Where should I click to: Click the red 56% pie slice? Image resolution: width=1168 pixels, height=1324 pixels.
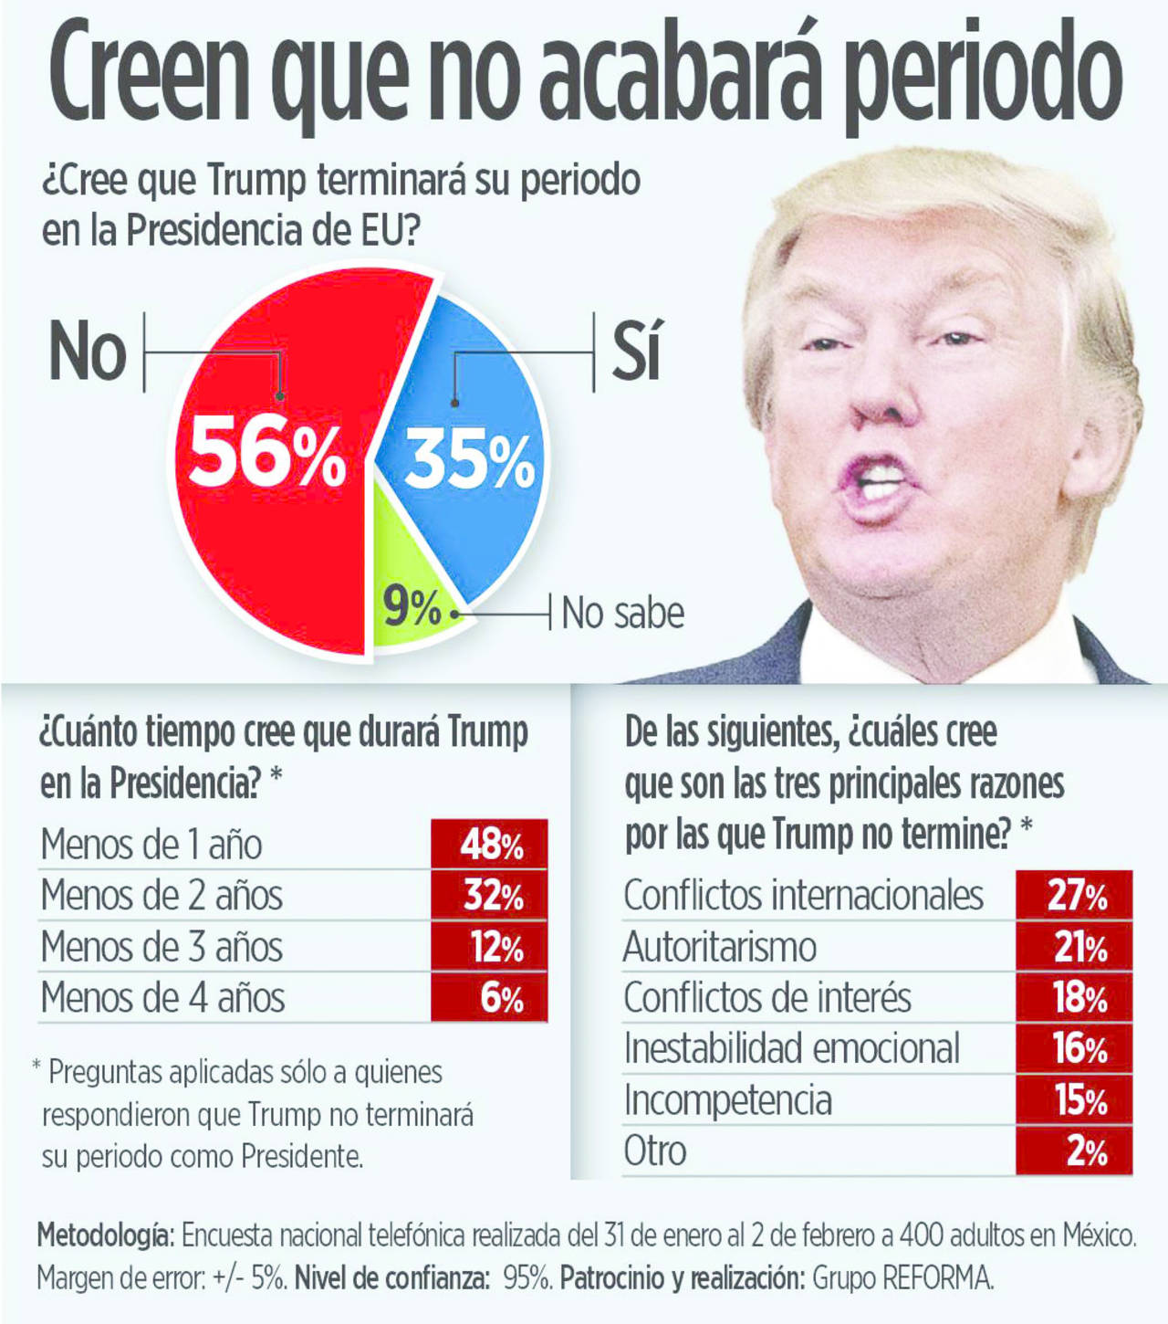click(x=265, y=511)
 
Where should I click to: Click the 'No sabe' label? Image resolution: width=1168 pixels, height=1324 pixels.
click(x=622, y=613)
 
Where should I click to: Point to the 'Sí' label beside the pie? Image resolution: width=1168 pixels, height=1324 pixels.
click(x=636, y=351)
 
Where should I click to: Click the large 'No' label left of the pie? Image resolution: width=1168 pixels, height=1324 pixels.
click(x=88, y=352)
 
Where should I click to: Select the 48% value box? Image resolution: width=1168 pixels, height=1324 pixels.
click(x=490, y=845)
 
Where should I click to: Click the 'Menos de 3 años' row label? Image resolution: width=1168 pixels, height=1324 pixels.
click(x=162, y=947)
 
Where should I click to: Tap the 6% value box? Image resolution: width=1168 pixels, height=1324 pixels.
click(x=490, y=998)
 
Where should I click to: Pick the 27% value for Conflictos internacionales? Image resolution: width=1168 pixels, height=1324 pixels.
click(x=1075, y=896)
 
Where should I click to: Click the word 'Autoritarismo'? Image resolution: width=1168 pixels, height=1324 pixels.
click(x=719, y=947)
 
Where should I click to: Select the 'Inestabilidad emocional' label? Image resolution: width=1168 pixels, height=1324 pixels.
click(x=791, y=1049)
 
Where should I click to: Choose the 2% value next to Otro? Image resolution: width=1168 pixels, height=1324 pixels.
click(x=1075, y=1151)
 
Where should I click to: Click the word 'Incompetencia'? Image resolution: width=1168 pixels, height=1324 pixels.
click(x=727, y=1100)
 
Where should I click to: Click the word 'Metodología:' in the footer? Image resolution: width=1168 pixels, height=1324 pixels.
click(x=105, y=1236)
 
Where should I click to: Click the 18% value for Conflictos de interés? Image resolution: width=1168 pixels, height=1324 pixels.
click(x=1075, y=998)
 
